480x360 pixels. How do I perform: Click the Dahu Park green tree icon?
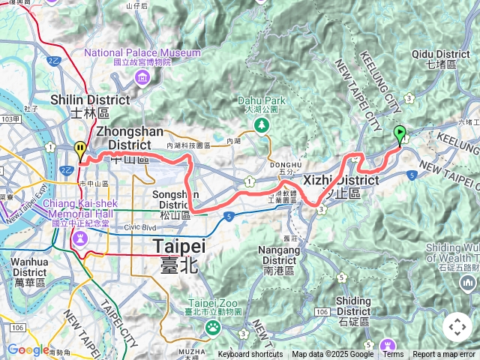tap(262, 125)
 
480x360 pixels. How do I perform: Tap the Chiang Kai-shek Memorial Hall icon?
tap(80, 238)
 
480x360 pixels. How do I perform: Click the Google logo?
tap(28, 349)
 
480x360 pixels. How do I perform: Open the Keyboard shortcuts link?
tap(250, 355)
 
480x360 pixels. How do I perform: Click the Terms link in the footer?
tap(393, 355)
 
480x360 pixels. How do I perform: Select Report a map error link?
tap(444, 355)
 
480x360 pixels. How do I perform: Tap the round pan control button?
tap(457, 327)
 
